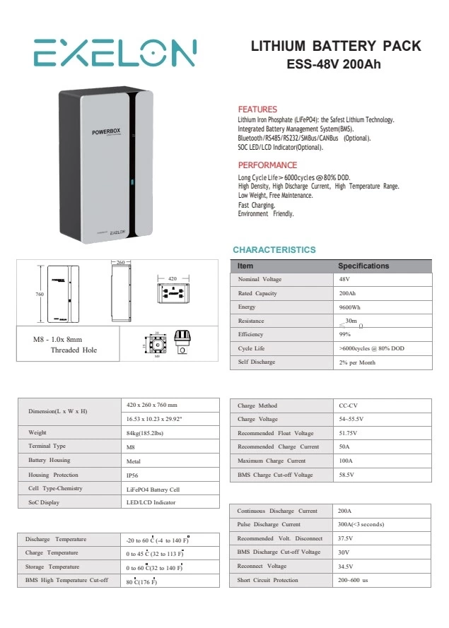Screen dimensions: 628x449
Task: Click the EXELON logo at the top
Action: tap(115, 53)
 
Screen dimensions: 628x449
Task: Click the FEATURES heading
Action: tap(257, 109)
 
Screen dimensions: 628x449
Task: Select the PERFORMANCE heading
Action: tap(267, 165)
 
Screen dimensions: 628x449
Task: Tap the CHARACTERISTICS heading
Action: tap(274, 250)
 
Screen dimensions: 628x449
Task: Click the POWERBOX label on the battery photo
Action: tap(107, 132)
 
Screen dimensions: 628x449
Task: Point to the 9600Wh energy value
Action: tap(350, 307)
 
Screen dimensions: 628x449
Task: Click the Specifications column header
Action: tap(363, 266)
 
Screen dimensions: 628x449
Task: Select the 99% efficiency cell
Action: tap(345, 335)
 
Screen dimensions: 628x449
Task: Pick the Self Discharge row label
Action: tap(257, 362)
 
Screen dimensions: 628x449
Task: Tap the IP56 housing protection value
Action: tap(132, 475)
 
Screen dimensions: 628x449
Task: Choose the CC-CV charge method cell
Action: tap(348, 406)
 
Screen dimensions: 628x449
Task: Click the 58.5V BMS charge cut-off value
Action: tap(348, 475)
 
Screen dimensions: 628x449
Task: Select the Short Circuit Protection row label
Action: tap(268, 580)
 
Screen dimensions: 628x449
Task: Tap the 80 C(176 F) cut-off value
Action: tap(141, 581)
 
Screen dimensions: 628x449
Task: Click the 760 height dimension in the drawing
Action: tap(40, 294)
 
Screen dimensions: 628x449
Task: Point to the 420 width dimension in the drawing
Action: tap(172, 280)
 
